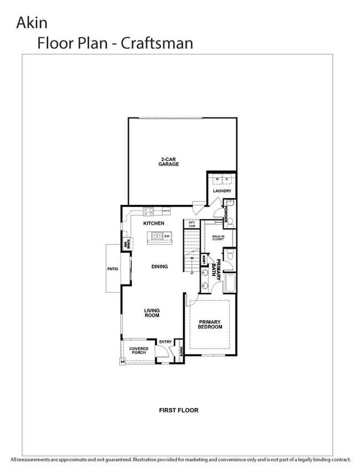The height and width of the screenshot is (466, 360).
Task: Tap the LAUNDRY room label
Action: tap(222, 191)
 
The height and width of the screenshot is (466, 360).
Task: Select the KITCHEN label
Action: tap(153, 223)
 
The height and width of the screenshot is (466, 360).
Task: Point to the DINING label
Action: tap(160, 267)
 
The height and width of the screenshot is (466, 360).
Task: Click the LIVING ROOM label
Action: tap(152, 313)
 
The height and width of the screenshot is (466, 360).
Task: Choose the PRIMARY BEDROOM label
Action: tap(210, 324)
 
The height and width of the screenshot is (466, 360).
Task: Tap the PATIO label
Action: tap(113, 269)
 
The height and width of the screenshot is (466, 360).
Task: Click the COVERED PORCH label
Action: tap(138, 351)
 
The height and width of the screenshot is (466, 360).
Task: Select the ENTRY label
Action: tap(165, 342)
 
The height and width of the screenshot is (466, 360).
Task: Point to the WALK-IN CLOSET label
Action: tap(218, 238)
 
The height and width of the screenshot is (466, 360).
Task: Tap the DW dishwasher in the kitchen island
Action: tap(166, 236)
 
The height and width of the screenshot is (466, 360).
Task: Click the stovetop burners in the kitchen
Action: tap(149, 211)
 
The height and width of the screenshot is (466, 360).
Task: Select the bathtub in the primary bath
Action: tap(229, 283)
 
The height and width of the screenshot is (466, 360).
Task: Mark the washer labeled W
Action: tap(217, 180)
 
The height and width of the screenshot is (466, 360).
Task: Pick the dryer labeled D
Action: tap(227, 180)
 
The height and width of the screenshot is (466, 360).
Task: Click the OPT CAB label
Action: tap(192, 224)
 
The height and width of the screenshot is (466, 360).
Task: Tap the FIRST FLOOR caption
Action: tap(178, 411)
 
